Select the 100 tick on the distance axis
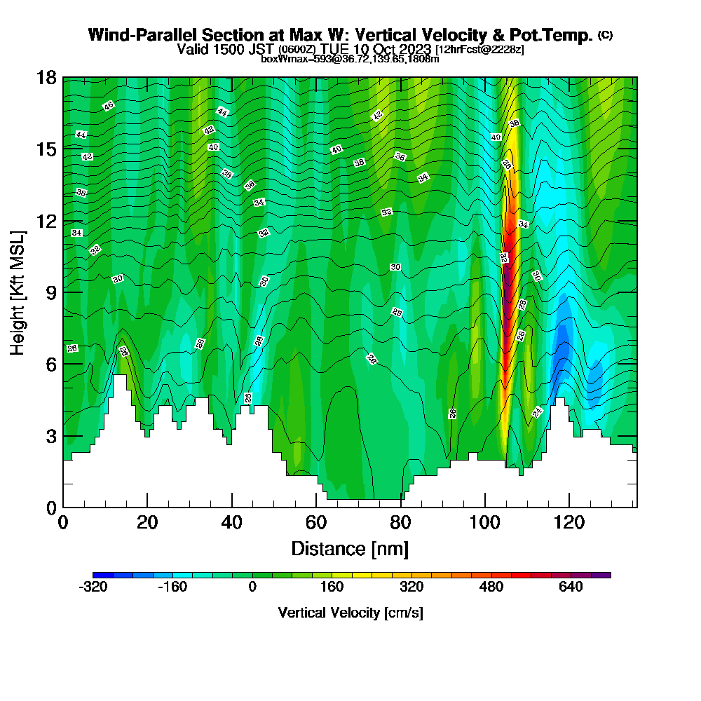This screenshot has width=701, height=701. click(485, 522)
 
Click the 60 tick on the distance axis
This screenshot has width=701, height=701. click(316, 522)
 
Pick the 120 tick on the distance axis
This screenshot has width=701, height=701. click(569, 522)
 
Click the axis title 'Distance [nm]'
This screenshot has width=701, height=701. click(350, 548)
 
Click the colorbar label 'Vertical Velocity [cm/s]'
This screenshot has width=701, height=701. click(350, 613)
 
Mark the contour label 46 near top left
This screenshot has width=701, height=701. click(108, 106)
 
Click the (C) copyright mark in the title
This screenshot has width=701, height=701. click(605, 35)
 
